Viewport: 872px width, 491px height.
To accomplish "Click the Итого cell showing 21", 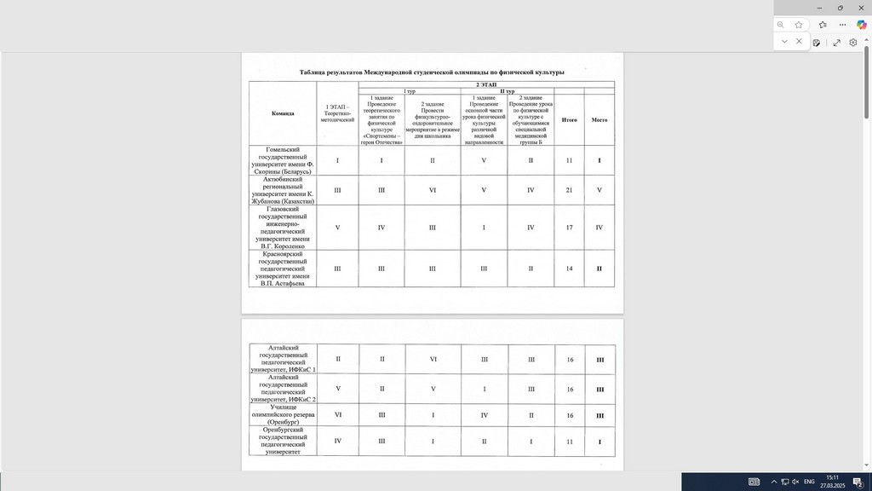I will coord(569,189).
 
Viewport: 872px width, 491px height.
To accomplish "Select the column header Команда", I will coord(283,113).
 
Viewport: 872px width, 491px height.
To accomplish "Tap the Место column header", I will coord(599,119).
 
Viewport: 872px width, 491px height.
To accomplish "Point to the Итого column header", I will coord(569,119).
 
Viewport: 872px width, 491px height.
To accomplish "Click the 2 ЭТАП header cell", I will coord(485,84).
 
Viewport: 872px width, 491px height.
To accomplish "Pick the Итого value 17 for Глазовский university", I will coord(569,228).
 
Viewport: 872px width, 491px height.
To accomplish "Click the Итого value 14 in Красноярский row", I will coord(569,269).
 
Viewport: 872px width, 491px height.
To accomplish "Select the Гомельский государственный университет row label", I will coord(283,160).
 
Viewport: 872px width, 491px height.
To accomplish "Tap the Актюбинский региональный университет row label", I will coord(283,189).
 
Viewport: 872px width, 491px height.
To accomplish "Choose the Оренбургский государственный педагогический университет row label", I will coord(283,442).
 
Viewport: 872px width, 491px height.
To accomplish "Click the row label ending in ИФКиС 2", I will coord(283,388).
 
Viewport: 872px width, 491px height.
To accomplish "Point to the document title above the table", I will coord(431,72).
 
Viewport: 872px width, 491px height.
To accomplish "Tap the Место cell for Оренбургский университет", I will coord(599,442).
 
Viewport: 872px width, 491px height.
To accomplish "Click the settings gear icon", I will coord(852,42).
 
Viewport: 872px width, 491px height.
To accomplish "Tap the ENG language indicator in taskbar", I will coord(809,482).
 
